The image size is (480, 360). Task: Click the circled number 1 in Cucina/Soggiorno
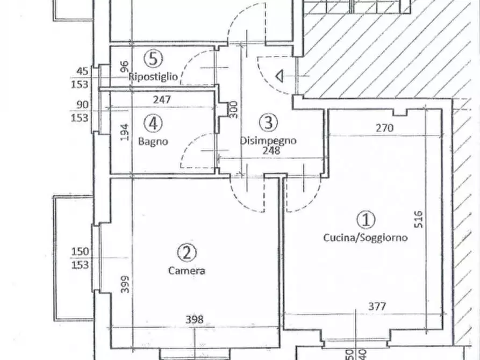coord(366,220)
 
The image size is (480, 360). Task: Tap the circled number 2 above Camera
coord(187,253)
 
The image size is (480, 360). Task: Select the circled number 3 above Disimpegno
coord(268,122)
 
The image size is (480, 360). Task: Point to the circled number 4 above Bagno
coord(153,124)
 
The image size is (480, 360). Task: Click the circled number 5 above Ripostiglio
coord(153,59)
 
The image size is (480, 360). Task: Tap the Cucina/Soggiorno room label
coord(366,238)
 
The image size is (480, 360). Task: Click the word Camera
coord(187,271)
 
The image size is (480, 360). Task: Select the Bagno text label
coord(153,141)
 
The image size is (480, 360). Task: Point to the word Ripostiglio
coord(153,76)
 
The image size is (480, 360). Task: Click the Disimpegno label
coord(268,141)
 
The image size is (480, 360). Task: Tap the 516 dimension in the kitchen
coord(419,219)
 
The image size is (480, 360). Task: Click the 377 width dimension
coord(377,306)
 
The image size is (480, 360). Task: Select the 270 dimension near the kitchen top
coord(384,127)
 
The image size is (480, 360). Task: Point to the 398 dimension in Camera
coord(195,320)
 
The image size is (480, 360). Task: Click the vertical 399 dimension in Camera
coord(125,284)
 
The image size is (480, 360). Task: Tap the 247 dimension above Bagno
coord(162,99)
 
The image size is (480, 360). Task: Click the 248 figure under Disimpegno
coord(271,150)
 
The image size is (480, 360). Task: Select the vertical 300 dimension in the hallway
coord(233,110)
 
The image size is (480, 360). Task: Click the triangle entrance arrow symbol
coord(280,76)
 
